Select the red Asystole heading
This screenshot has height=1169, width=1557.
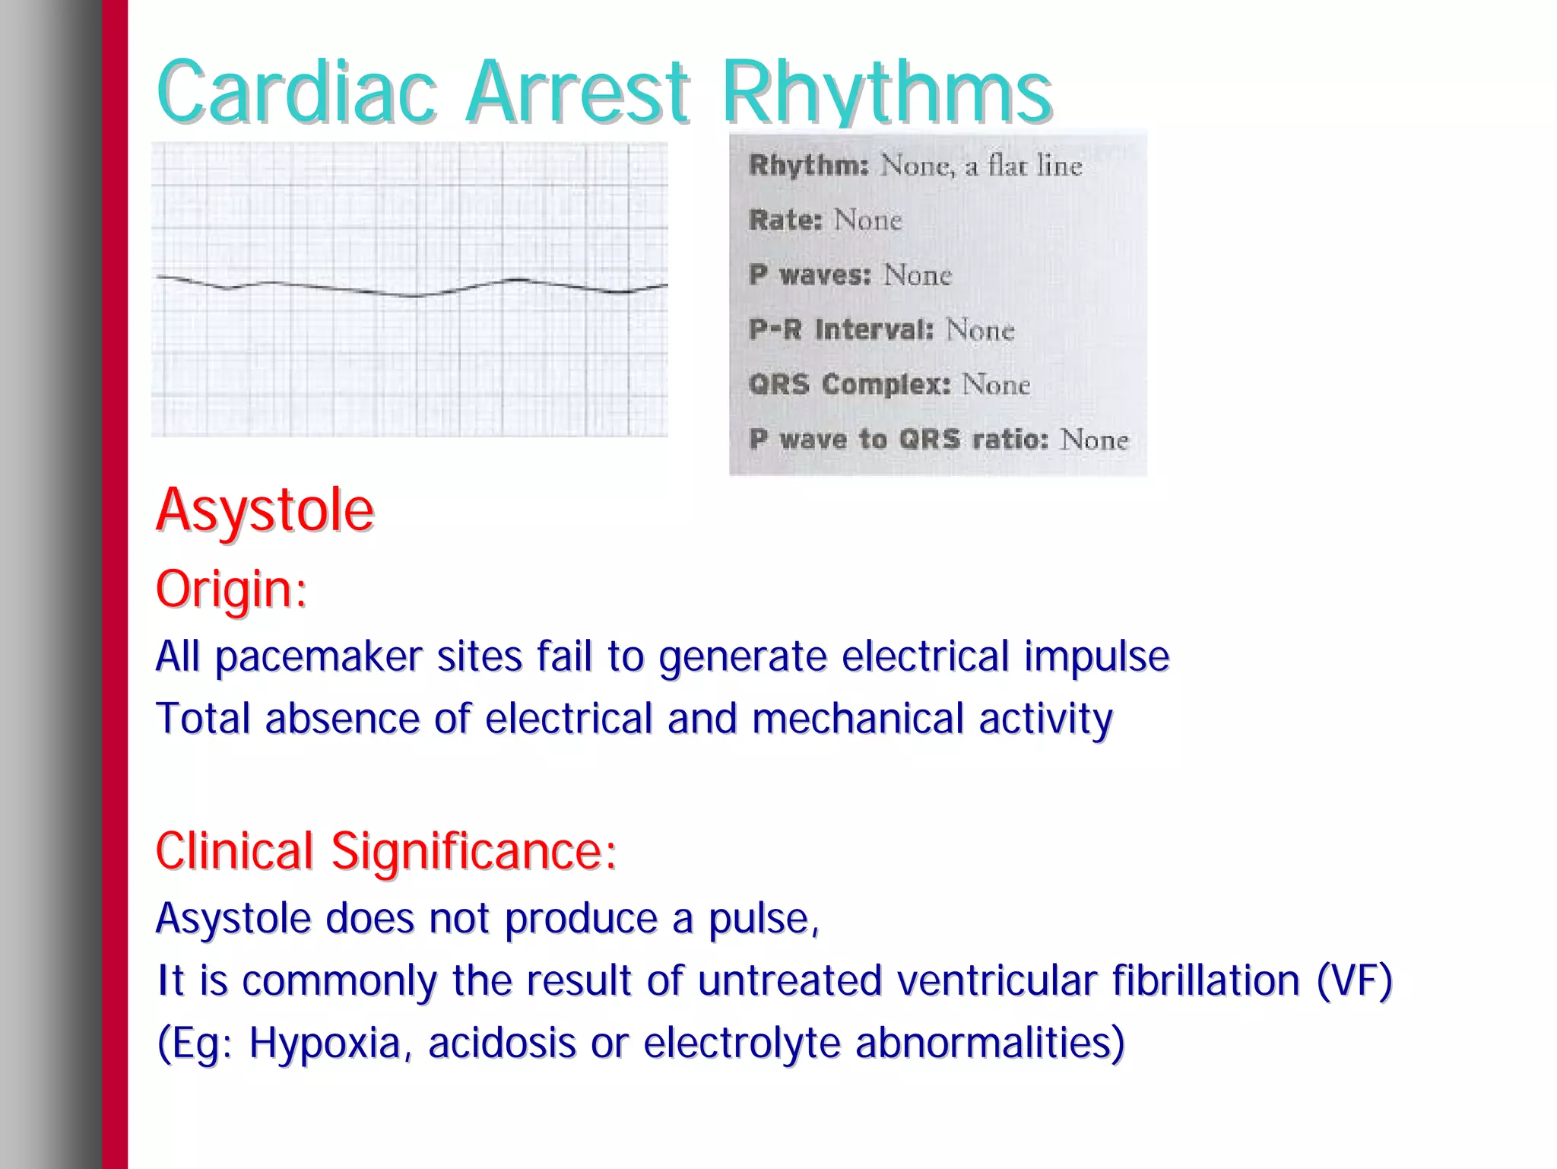pyautogui.click(x=265, y=509)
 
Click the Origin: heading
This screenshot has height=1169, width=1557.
pyautogui.click(x=231, y=589)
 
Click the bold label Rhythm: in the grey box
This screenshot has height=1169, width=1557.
pyautogui.click(x=808, y=165)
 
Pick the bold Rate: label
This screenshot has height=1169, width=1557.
pyautogui.click(x=785, y=221)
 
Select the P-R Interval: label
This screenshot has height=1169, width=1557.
pyautogui.click(x=841, y=330)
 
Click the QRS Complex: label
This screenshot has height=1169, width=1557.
pyautogui.click(x=849, y=385)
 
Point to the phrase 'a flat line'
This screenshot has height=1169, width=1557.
pyautogui.click(x=1023, y=165)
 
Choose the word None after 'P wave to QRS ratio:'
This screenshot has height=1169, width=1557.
pyautogui.click(x=1094, y=440)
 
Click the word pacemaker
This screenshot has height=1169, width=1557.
pyautogui.click(x=319, y=656)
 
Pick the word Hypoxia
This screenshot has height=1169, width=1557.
pyautogui.click(x=324, y=1043)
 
